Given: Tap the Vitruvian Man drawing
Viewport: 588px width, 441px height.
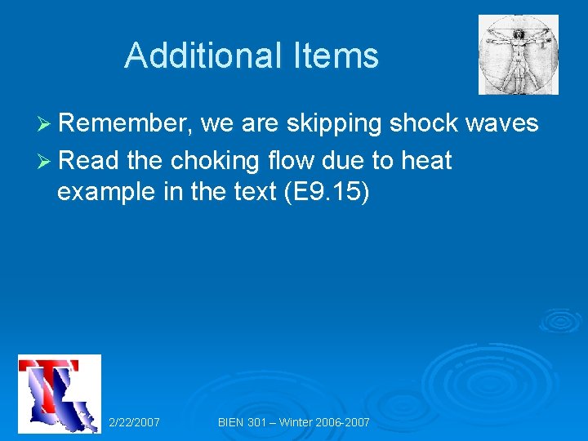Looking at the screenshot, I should click(519, 55).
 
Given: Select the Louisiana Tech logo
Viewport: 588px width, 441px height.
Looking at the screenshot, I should click(60, 394).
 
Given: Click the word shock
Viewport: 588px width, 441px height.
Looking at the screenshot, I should click(424, 123).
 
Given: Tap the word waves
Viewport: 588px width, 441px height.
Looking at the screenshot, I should click(501, 124).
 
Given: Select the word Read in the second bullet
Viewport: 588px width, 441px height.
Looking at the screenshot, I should click(89, 160).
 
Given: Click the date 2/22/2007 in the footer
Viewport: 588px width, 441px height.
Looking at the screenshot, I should click(134, 422).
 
